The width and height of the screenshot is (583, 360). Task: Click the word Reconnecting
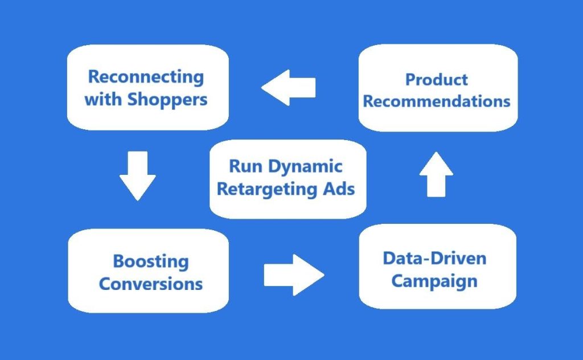click(x=146, y=77)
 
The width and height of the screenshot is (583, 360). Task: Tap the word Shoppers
click(x=167, y=99)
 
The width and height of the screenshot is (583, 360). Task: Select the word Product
click(x=437, y=80)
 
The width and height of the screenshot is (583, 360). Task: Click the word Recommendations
click(x=437, y=101)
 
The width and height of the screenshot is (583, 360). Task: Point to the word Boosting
click(x=151, y=261)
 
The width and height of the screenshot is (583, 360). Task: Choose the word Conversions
click(x=151, y=284)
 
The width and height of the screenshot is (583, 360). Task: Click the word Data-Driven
click(x=434, y=258)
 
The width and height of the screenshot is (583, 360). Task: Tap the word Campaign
click(x=434, y=281)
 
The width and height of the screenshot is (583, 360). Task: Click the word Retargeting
click(x=267, y=189)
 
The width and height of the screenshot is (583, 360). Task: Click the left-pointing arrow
click(x=288, y=87)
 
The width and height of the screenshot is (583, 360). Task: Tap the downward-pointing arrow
click(x=137, y=175)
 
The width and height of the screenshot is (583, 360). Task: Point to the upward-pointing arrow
click(x=436, y=174)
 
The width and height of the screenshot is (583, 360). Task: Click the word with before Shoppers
click(x=104, y=99)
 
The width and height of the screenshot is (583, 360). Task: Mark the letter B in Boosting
click(x=119, y=261)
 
